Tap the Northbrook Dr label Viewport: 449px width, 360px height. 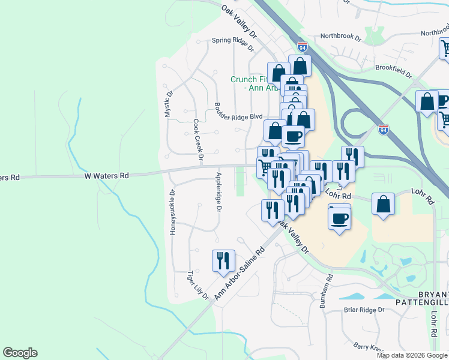click(340, 37)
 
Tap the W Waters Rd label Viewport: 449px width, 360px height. click(106, 176)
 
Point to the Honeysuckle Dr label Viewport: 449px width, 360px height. click(172, 212)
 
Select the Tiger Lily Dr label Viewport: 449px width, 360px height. click(197, 285)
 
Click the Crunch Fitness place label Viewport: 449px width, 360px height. click(248, 83)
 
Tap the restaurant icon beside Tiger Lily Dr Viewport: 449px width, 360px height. click(223, 260)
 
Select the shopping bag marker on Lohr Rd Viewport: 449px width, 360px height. click(383, 204)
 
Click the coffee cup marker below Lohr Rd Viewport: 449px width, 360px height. click(339, 217)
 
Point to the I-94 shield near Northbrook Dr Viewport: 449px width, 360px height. click(303, 47)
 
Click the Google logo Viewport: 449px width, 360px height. click(20, 353)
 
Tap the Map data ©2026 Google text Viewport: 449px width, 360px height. click(412, 355)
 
